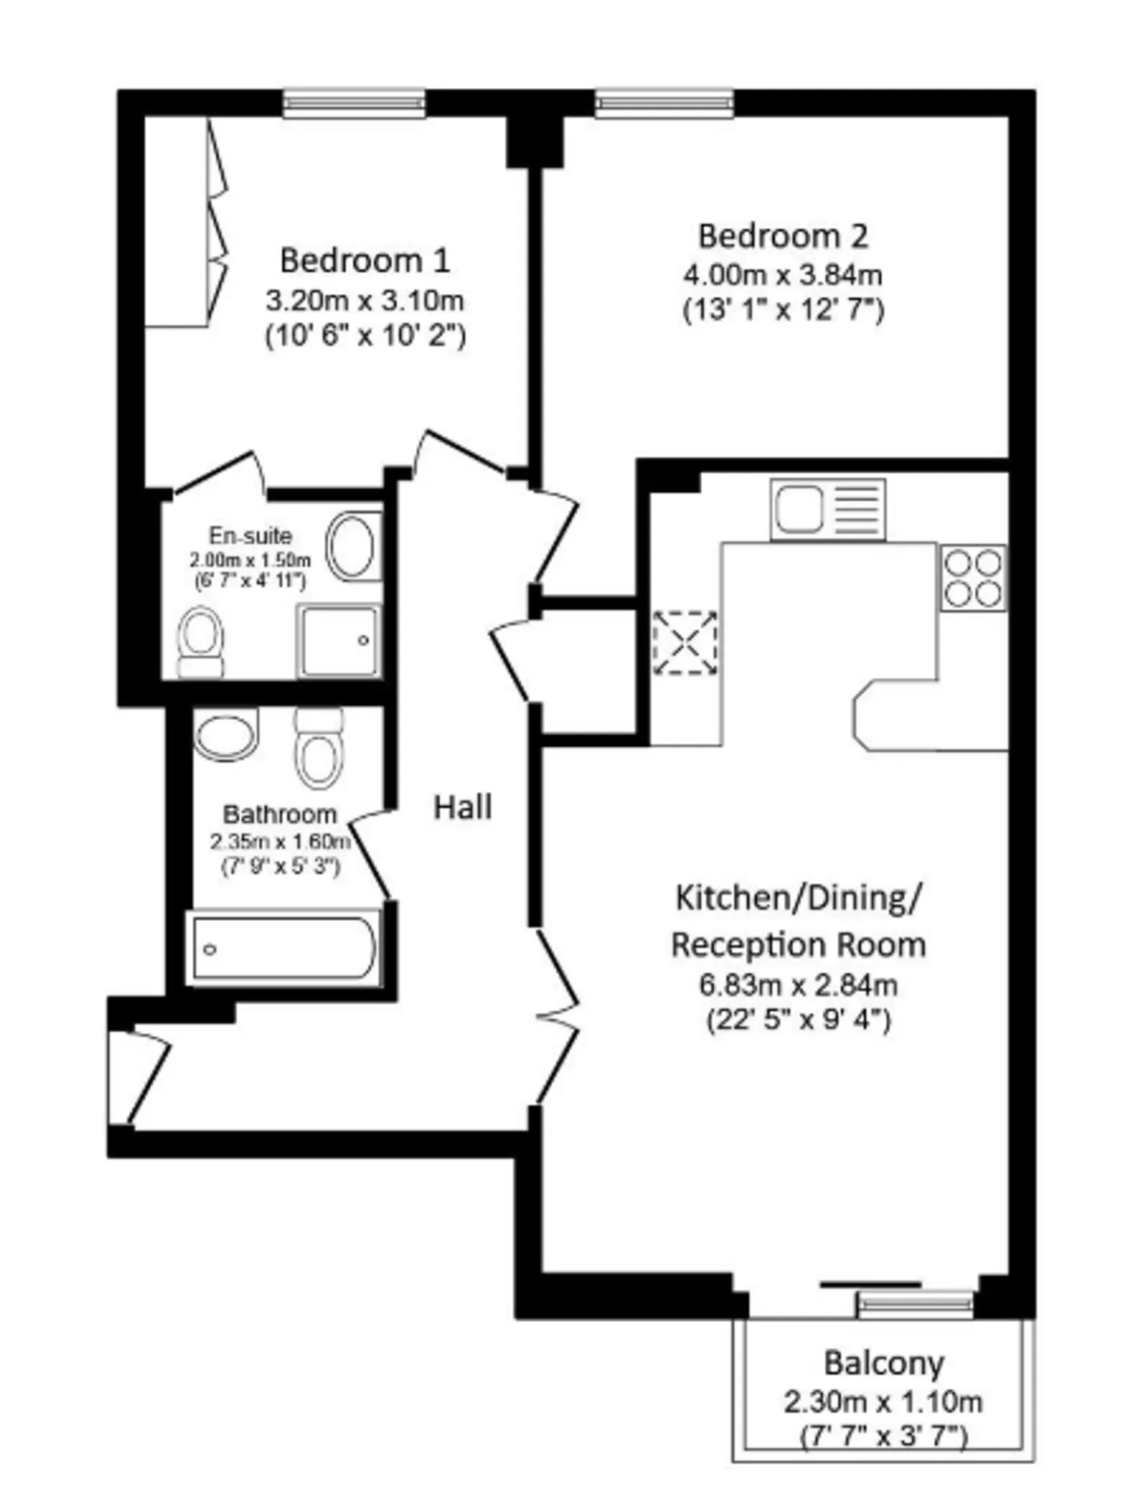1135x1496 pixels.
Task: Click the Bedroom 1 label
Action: point(364,261)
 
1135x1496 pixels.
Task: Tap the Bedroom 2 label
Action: point(783,236)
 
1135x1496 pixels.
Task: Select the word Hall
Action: point(463,807)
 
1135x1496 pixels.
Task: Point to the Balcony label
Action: point(884,1364)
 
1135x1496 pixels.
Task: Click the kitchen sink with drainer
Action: point(828,509)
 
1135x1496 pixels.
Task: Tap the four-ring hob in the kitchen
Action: point(973,578)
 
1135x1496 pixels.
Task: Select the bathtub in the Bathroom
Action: point(284,949)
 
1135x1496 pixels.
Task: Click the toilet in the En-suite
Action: point(201,642)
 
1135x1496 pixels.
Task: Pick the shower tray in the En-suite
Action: point(339,641)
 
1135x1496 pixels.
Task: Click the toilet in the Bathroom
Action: point(319,748)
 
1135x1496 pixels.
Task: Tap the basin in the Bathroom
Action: point(226,733)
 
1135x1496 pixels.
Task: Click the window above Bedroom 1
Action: point(354,103)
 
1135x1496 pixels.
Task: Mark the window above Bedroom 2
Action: point(664,103)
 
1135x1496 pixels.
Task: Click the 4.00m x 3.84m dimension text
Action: point(783,275)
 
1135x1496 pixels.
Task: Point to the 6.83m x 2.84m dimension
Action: point(798,985)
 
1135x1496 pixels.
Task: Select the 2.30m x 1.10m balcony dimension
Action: point(883,1402)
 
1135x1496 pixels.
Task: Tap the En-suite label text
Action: point(250,536)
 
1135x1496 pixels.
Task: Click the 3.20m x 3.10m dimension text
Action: point(365,301)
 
